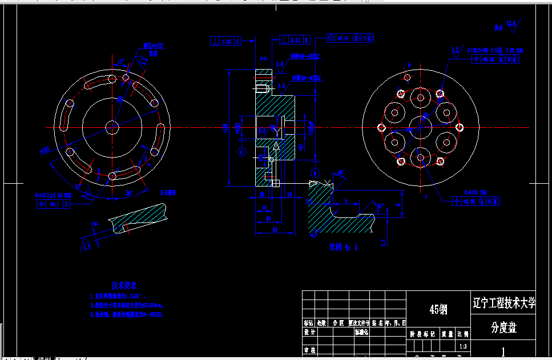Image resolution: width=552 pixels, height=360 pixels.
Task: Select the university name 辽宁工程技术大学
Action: click(504, 303)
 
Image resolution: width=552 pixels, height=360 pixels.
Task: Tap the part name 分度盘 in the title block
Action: click(504, 328)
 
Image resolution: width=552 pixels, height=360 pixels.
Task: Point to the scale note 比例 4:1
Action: click(343, 248)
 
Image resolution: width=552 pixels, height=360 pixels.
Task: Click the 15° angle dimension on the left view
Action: click(120, 62)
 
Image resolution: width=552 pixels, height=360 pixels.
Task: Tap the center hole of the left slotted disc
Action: click(112, 126)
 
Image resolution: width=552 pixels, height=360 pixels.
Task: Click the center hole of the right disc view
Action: click(420, 126)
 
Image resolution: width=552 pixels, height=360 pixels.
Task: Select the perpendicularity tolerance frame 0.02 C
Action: click(226, 41)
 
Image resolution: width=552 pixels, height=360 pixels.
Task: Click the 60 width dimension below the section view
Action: click(275, 229)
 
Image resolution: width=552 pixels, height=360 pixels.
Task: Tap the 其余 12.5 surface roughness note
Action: click(506, 25)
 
